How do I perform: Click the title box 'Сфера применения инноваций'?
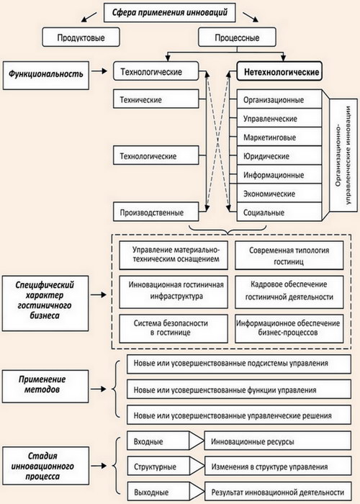(170, 12)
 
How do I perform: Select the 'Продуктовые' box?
(81, 37)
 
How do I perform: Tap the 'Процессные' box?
(237, 37)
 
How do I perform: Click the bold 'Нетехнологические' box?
(279, 71)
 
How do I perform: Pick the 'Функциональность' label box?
(45, 75)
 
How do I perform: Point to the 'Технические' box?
(156, 99)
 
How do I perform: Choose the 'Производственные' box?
(156, 212)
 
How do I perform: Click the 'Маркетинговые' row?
(279, 137)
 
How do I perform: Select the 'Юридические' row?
(279, 156)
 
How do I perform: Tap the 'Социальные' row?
(279, 212)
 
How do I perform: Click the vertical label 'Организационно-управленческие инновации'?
(343, 156)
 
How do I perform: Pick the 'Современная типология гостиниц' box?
(289, 255)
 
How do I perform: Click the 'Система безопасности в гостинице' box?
(174, 328)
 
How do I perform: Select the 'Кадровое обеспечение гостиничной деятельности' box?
(289, 292)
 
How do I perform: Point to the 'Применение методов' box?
(45, 386)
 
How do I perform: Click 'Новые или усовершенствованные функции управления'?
(239, 390)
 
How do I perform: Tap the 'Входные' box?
(158, 441)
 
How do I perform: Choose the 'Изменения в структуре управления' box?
(277, 466)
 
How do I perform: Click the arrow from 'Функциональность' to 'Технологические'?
(99, 71)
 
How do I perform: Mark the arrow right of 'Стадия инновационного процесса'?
(99, 465)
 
